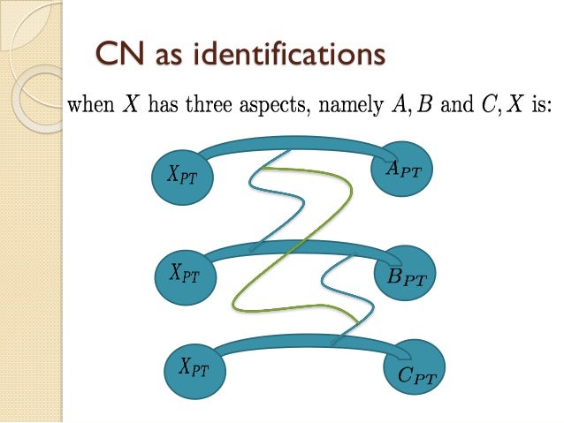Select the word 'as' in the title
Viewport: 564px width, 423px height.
171,56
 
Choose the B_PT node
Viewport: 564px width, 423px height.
408,278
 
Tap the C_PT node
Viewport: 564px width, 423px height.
412,375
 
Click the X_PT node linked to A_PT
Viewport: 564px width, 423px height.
182,174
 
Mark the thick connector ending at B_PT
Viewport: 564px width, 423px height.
292,245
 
